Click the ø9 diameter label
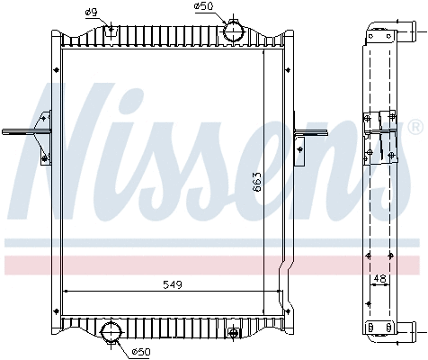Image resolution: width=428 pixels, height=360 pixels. click(x=91, y=11)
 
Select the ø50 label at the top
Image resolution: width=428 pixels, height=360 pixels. click(x=204, y=7)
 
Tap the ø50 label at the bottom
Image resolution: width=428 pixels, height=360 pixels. click(x=141, y=350)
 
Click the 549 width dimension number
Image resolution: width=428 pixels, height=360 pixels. click(x=173, y=284)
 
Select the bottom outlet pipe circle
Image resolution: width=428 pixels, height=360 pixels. click(x=111, y=332)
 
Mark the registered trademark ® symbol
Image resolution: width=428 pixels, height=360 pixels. click(x=415, y=125)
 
